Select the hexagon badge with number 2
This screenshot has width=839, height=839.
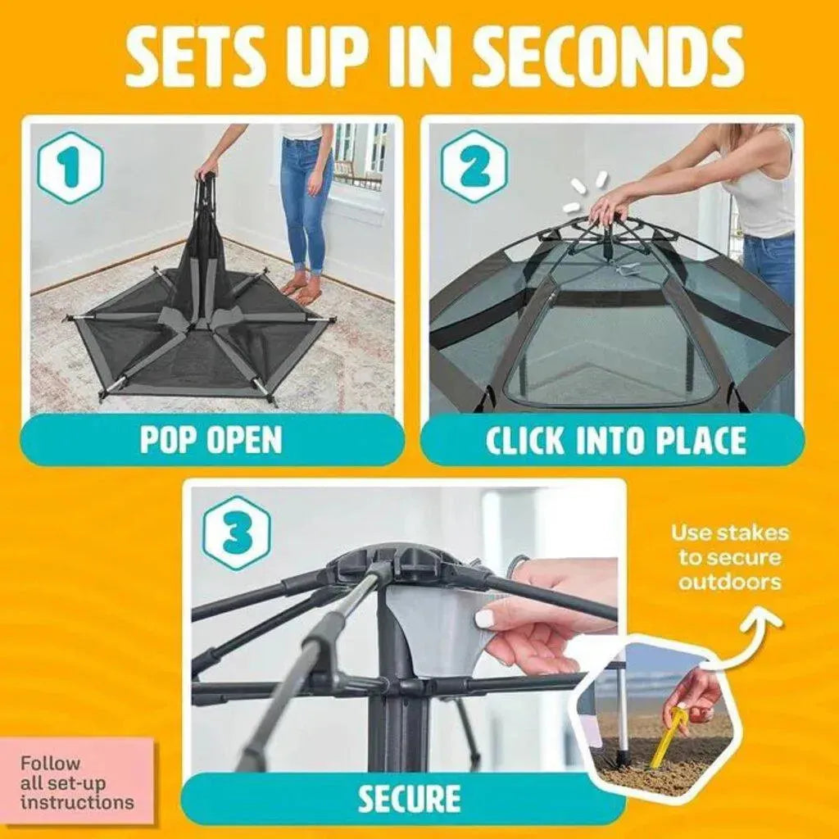[473, 167]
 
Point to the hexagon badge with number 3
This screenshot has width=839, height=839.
[237, 532]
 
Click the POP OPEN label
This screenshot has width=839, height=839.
[211, 440]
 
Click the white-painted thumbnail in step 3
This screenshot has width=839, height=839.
[487, 619]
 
